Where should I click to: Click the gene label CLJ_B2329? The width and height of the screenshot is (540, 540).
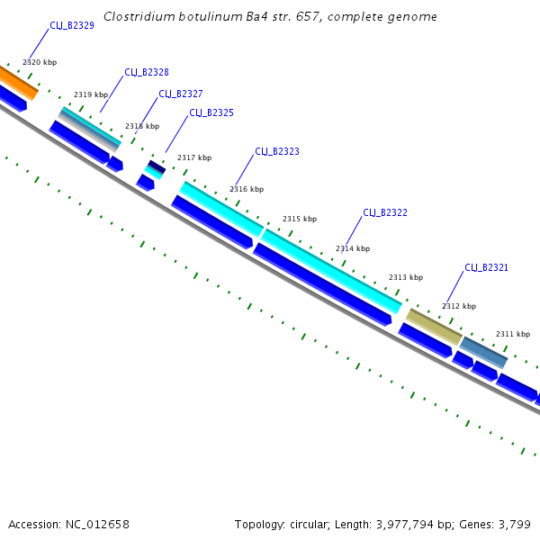[72, 26]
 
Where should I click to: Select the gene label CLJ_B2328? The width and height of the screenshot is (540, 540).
[147, 73]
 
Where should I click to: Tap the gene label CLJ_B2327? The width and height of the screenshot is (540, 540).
[181, 94]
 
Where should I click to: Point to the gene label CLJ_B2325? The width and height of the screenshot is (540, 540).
[211, 113]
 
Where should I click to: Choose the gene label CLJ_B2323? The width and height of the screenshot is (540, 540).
[277, 152]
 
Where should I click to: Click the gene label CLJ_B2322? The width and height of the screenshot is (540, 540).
[385, 213]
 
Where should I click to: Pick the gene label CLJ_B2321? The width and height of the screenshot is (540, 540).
[487, 268]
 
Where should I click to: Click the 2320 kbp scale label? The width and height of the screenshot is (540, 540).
[39, 62]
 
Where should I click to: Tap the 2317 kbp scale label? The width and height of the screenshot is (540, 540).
[194, 158]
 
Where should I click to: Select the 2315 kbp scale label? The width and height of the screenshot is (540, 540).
[300, 220]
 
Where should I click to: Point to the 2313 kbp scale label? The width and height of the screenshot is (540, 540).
[405, 278]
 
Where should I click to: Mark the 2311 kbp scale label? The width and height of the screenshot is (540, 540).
[513, 335]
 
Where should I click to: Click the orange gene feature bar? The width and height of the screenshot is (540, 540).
[18, 81]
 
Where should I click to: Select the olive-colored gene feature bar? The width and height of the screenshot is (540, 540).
[434, 326]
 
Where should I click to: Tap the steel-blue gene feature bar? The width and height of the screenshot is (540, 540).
[484, 351]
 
